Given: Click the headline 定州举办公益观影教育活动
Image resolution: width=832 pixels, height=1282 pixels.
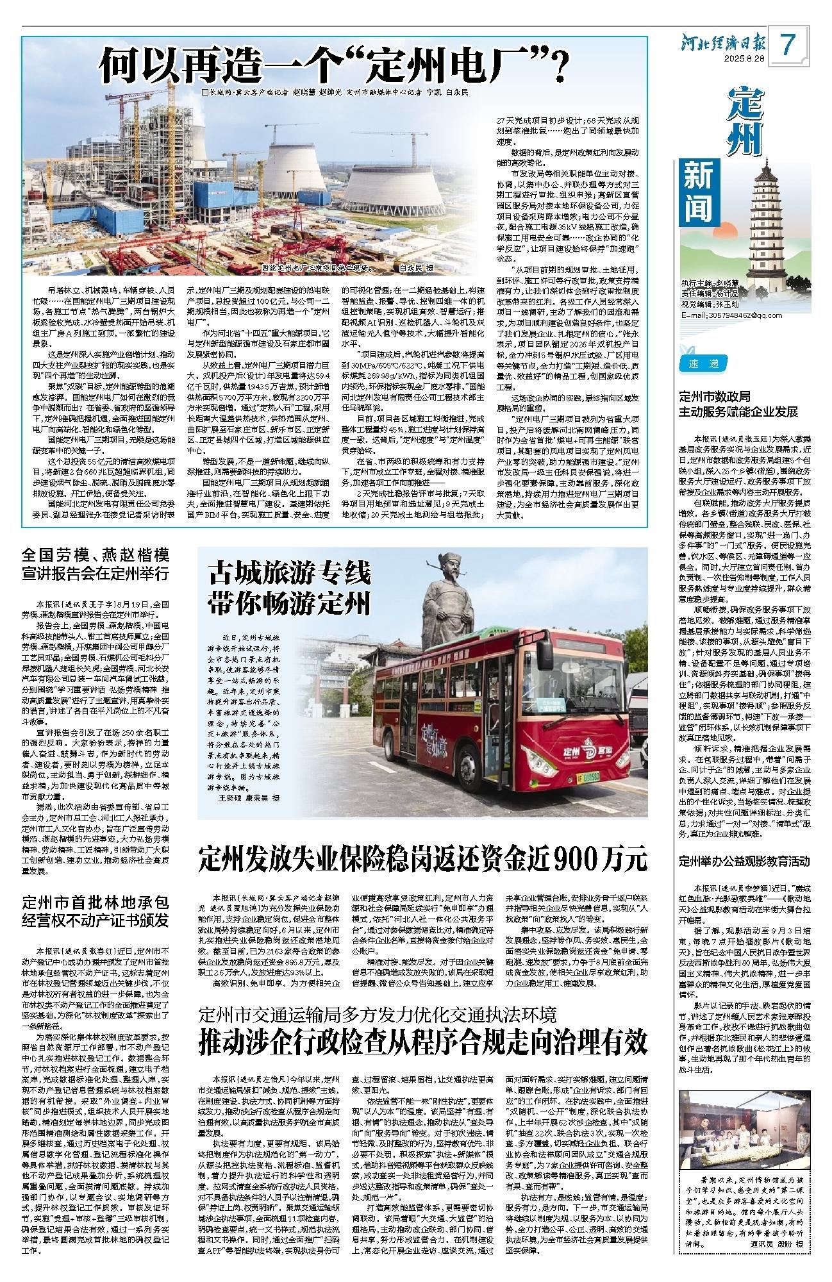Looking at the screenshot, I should (x=746, y=861).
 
